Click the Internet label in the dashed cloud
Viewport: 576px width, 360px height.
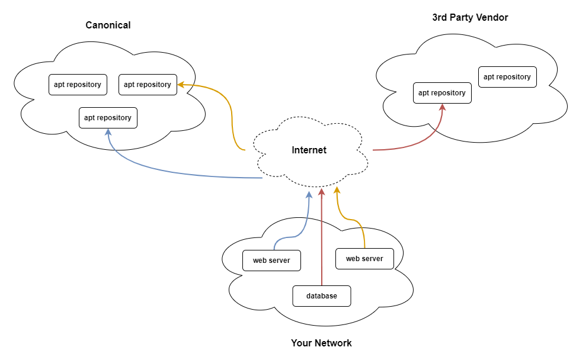pos(309,150)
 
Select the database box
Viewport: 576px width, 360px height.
pos(322,296)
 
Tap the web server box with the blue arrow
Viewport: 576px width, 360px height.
pos(271,261)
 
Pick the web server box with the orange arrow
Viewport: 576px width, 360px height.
pos(364,259)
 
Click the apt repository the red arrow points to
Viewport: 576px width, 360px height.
pos(442,93)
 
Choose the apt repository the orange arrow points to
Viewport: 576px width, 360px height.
pos(148,85)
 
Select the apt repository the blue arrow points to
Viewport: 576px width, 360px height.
pos(108,118)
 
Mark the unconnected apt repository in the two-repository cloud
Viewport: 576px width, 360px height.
pos(507,77)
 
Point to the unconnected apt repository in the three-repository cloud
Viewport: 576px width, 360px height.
pos(78,85)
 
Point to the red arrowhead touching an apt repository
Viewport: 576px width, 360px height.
pos(443,107)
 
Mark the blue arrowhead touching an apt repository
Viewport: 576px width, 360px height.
pos(108,132)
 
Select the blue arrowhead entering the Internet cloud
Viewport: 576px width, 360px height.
pos(309,194)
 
